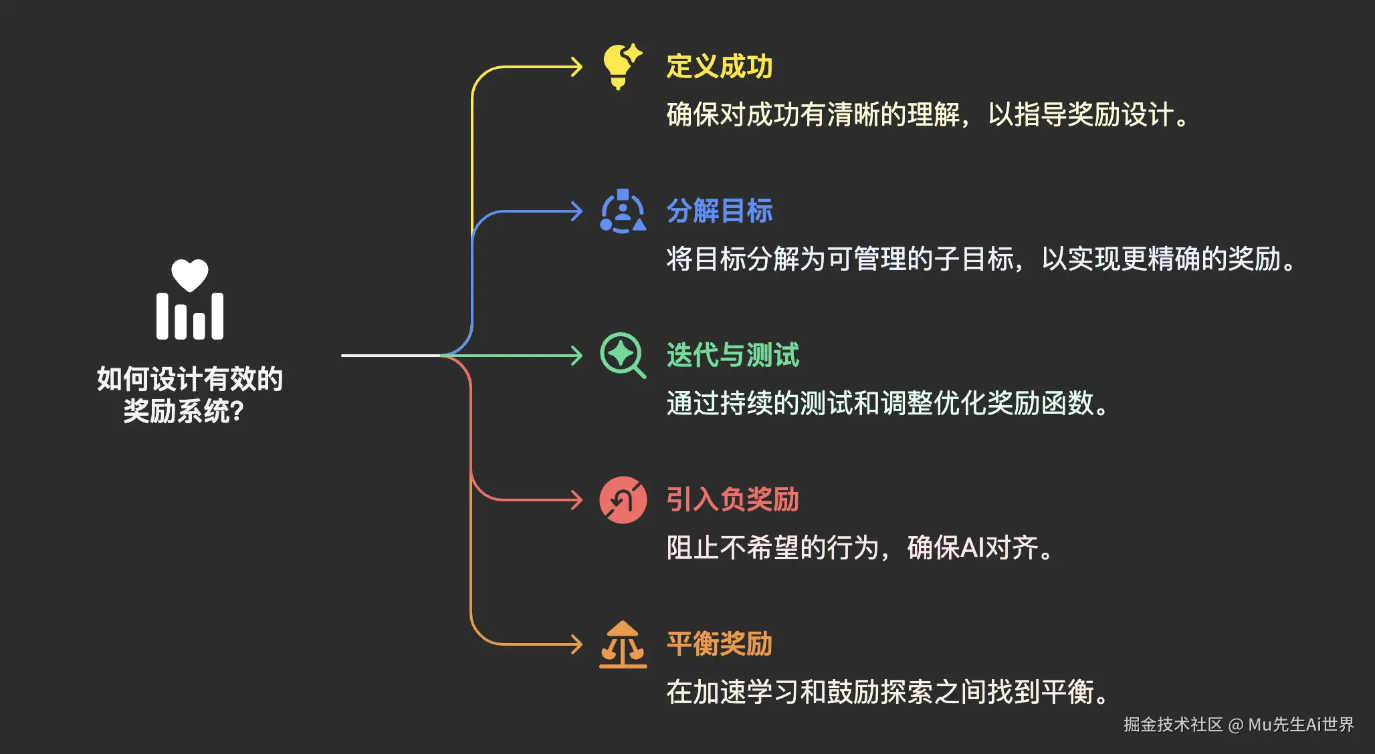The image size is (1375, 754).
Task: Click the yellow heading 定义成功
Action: click(719, 67)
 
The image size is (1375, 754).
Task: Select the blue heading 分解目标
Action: click(719, 211)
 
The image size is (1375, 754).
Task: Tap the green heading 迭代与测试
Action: click(732, 355)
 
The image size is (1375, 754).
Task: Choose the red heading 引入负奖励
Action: click(732, 499)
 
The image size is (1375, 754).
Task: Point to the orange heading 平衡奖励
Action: click(719, 644)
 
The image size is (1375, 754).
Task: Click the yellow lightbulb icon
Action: click(621, 67)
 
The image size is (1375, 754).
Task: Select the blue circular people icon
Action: click(623, 212)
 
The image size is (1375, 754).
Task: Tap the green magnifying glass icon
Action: click(623, 355)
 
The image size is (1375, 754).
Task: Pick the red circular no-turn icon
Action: click(623, 499)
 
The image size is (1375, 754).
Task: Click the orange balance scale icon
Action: click(623, 644)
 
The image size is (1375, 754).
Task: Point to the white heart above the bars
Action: click(190, 275)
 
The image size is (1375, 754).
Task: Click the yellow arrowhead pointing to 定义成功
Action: click(576, 67)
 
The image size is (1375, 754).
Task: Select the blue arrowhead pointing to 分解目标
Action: click(576, 211)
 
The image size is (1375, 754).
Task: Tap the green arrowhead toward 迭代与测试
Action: click(576, 355)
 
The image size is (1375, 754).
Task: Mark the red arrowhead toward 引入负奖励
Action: click(576, 499)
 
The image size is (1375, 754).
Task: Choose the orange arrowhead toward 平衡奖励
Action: click(576, 644)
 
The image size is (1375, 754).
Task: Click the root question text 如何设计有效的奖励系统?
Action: click(189, 394)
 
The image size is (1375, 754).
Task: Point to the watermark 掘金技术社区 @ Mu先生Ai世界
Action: click(1238, 725)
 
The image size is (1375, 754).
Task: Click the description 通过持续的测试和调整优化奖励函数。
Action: click(887, 403)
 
